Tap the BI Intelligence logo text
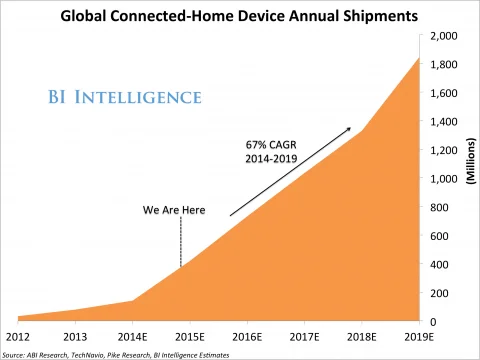tap(124, 98)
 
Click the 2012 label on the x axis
tap(19, 337)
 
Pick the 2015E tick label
tap(190, 337)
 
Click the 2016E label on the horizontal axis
tap(247, 337)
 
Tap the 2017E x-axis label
tap(304, 337)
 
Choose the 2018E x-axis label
tap(361, 337)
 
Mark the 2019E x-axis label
tap(418, 337)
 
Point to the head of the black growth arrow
tap(350, 128)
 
